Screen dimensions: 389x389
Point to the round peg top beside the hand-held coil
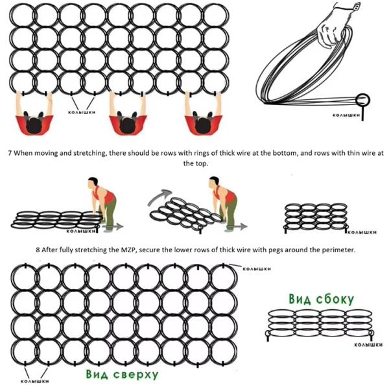364,99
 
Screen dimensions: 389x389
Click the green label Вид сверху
121,375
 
